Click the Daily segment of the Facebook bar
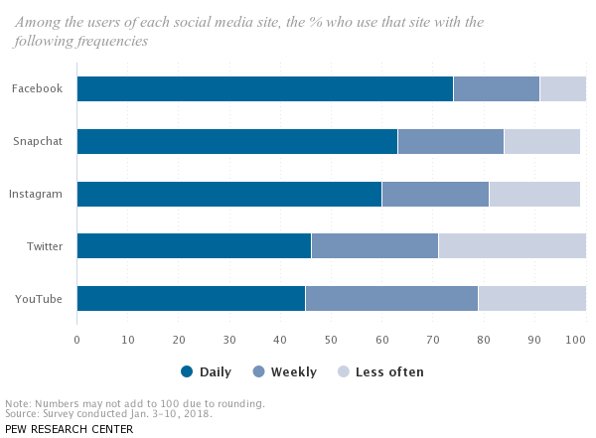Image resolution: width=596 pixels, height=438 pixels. click(264, 88)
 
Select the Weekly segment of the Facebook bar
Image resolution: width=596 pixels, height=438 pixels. click(496, 88)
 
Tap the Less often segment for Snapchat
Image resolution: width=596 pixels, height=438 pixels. click(541, 141)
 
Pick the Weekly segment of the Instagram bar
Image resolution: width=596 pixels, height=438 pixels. click(435, 194)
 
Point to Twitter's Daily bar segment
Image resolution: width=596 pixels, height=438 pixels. click(194, 246)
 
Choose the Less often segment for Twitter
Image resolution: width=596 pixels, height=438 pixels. click(512, 246)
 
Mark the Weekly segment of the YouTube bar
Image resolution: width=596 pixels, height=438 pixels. click(391, 299)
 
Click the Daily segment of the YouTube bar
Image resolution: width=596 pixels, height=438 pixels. click(191, 299)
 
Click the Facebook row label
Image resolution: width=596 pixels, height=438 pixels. click(37, 88)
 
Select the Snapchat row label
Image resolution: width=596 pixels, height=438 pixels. click(38, 141)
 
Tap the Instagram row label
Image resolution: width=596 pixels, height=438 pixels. click(36, 194)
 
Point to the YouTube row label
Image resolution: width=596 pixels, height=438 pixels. click(39, 299)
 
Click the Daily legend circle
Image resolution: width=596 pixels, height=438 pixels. click(187, 372)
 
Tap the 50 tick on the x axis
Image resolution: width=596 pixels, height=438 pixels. click(331, 340)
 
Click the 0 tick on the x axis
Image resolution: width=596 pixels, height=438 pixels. click(76, 340)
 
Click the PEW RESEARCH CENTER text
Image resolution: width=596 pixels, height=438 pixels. click(69, 429)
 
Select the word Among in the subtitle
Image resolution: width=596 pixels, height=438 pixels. click(41, 22)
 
